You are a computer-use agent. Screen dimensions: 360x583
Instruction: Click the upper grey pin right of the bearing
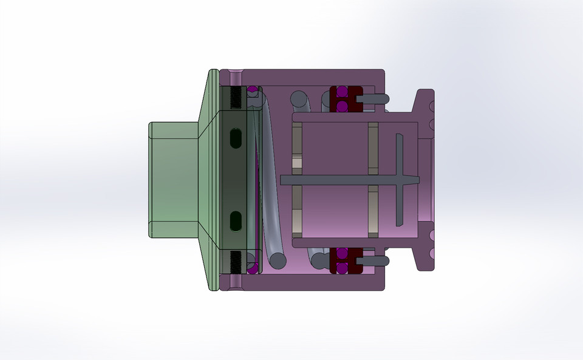tap(373, 97)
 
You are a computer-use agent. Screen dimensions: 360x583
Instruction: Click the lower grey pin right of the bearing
tap(373, 260)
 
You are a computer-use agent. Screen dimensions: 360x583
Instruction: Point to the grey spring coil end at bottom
tap(278, 260)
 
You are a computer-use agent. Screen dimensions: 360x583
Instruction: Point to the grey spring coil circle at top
tap(299, 98)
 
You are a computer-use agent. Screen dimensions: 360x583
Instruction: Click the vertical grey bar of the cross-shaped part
tap(400, 180)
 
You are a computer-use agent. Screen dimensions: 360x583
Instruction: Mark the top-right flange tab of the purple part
tap(425, 103)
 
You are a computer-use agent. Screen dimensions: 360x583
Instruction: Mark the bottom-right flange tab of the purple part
tap(425, 255)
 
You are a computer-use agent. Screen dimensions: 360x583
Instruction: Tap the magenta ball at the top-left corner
tap(251, 90)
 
